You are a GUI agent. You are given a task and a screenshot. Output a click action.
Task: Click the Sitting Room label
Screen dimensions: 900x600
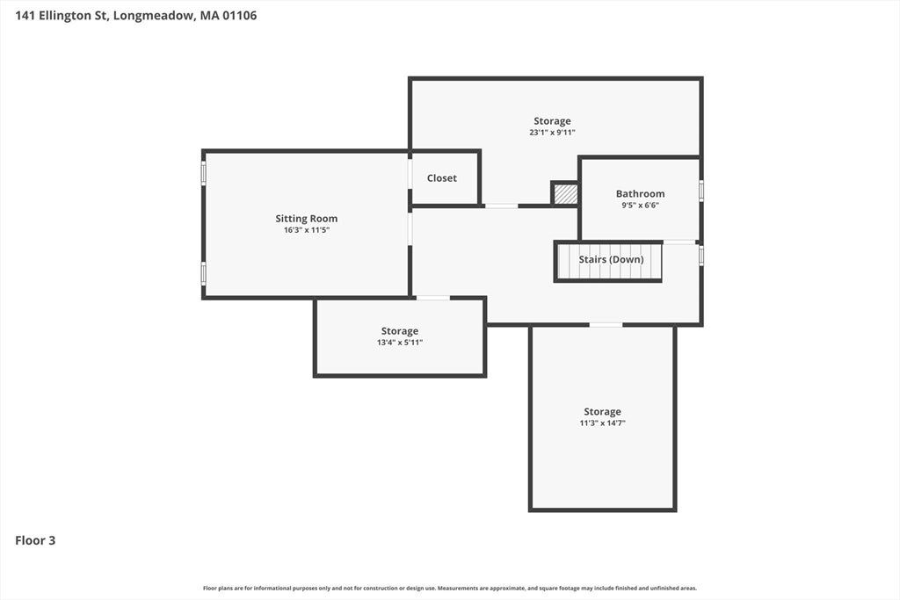click(307, 219)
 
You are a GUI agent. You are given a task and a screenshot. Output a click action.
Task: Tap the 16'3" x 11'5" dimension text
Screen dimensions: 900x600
click(307, 230)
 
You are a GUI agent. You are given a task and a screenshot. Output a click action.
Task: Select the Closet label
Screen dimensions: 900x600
click(442, 178)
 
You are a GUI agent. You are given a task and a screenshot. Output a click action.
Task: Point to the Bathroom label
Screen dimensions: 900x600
click(640, 194)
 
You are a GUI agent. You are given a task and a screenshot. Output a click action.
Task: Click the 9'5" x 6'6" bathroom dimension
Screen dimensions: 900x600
click(640, 206)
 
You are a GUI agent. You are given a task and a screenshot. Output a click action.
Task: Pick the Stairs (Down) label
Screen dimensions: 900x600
click(612, 260)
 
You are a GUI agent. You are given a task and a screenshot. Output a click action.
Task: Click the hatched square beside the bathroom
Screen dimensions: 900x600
click(565, 193)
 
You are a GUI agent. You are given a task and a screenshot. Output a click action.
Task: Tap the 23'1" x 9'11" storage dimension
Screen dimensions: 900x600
click(552, 133)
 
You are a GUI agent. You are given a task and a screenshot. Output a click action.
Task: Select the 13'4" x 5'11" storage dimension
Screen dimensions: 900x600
click(400, 343)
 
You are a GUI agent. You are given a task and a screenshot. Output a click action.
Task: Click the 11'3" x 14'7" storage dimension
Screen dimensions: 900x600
click(602, 423)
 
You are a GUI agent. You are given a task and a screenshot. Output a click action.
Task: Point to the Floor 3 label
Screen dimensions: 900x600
click(35, 540)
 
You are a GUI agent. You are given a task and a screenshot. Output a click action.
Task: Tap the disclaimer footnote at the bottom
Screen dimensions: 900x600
click(450, 588)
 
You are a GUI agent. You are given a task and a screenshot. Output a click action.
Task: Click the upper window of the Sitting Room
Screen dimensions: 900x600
click(203, 173)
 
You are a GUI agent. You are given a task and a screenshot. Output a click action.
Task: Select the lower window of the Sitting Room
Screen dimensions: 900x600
click(203, 273)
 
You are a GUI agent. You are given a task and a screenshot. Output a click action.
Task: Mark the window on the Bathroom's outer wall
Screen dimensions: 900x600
click(700, 191)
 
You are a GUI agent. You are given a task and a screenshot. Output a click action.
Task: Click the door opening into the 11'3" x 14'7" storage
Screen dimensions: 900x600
click(606, 325)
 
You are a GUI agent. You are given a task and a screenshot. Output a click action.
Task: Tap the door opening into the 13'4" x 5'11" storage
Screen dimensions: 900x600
click(432, 298)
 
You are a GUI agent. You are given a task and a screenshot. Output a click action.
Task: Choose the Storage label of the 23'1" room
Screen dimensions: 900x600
click(552, 121)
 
